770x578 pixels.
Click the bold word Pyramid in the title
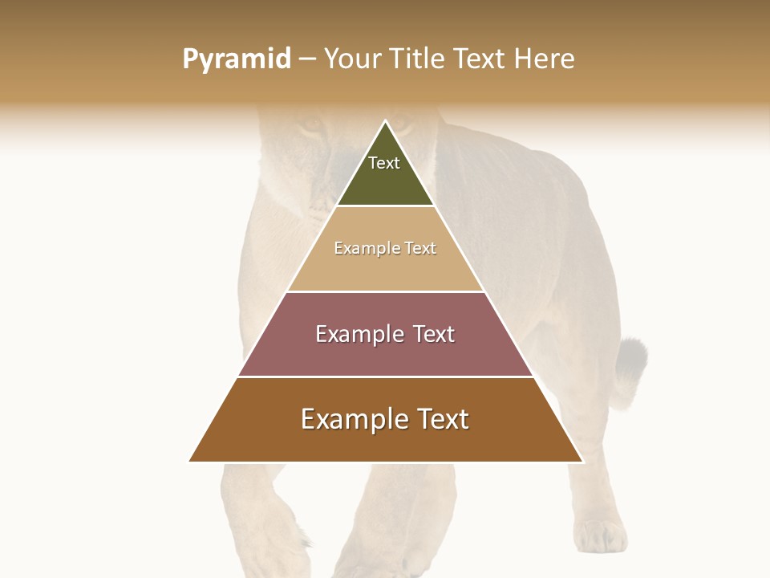237,59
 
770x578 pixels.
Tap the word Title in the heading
419,59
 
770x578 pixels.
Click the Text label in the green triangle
384,164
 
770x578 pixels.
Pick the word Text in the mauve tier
434,334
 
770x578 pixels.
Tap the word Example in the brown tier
350,419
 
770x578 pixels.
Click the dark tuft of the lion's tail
631,360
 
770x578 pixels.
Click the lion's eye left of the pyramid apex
312,126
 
